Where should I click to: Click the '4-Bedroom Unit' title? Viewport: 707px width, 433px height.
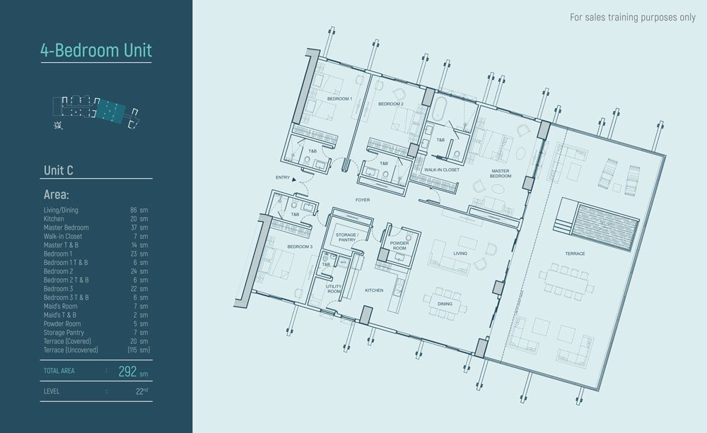96,50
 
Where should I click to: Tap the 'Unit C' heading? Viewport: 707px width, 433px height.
58,170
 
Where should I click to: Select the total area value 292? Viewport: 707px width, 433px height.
127,372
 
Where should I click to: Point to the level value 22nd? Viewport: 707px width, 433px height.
141,391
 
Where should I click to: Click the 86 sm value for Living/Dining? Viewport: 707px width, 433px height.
139,210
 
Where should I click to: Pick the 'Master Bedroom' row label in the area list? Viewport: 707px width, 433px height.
66,227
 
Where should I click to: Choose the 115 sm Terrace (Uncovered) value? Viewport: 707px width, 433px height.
139,350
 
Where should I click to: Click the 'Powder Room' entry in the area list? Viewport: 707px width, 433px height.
62,324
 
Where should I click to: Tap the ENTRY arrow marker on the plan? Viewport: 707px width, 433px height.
294,179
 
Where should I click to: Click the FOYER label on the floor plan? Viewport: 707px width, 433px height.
363,200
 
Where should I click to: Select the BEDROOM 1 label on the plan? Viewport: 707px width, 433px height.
339,99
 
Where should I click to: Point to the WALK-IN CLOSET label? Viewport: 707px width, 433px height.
441,170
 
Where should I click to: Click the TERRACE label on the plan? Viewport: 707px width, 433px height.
575,254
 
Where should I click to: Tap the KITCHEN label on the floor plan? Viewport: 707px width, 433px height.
374,290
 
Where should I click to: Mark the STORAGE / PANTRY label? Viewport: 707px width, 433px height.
347,237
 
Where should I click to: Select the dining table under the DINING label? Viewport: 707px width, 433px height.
445,304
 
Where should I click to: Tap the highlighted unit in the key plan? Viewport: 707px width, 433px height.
110,110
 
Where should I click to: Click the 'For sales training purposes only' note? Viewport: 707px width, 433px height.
633,17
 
